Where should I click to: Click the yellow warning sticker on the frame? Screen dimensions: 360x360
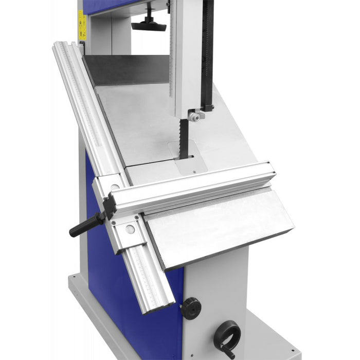(x=82, y=25)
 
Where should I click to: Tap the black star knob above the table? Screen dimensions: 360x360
(x=149, y=23)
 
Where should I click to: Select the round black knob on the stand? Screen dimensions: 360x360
(x=190, y=307)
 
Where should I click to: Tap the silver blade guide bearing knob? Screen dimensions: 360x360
(x=194, y=117)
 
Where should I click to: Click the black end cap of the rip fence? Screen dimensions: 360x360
(x=110, y=209)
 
